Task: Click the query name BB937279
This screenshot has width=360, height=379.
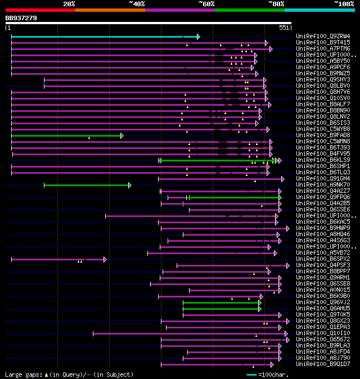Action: pos(21,18)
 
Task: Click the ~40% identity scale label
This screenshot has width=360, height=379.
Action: pos(137,3)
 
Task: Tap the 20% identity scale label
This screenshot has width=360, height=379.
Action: pos(69,3)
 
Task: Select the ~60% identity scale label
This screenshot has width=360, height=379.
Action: pos(206,3)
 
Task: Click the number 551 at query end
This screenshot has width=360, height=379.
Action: pos(283,28)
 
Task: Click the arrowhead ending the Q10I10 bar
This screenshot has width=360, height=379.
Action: pos(287,333)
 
